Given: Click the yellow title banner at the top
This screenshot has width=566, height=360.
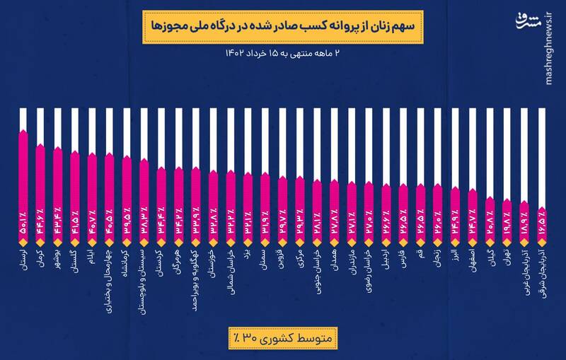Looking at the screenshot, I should coord(282,26).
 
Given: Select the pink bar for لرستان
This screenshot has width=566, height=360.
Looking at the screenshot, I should coord(23,184).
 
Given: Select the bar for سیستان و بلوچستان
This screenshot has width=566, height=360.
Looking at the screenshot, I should coord(144,198).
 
